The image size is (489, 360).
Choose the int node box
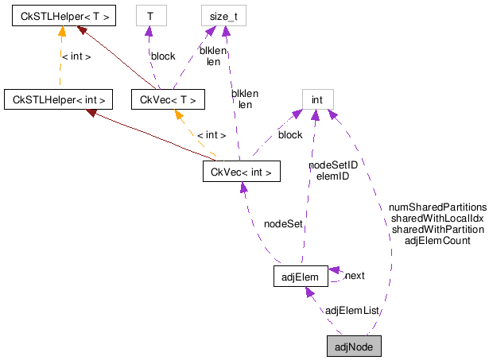316,99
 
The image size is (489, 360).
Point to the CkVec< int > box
242,171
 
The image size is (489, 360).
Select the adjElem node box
301,277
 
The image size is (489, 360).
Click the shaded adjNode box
354,347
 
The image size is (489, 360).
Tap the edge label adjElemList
353,310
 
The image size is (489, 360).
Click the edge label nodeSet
283,224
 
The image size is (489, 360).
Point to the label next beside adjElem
355,276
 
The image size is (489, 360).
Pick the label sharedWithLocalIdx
437,218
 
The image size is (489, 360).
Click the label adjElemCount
437,240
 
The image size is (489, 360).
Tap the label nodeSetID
333,165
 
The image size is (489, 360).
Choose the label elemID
333,176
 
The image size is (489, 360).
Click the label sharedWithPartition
438,229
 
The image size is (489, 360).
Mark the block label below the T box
163,56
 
